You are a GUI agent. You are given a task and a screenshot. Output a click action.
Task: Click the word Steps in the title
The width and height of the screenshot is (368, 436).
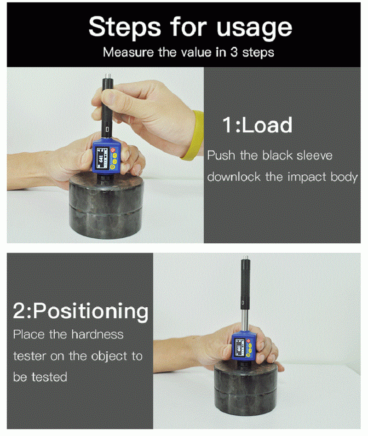[x=125, y=28]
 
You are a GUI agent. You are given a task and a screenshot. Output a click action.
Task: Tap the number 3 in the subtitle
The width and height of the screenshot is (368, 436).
[x=234, y=52]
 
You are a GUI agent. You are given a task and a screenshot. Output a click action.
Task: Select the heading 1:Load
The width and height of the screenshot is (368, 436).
[x=257, y=125]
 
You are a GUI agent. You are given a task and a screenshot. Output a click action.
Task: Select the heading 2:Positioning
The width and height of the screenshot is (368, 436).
[x=80, y=311]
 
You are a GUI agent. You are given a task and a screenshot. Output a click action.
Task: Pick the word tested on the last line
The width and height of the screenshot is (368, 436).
[x=49, y=377]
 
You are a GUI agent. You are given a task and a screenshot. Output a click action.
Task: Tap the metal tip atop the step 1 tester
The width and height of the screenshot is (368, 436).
[x=107, y=75]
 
